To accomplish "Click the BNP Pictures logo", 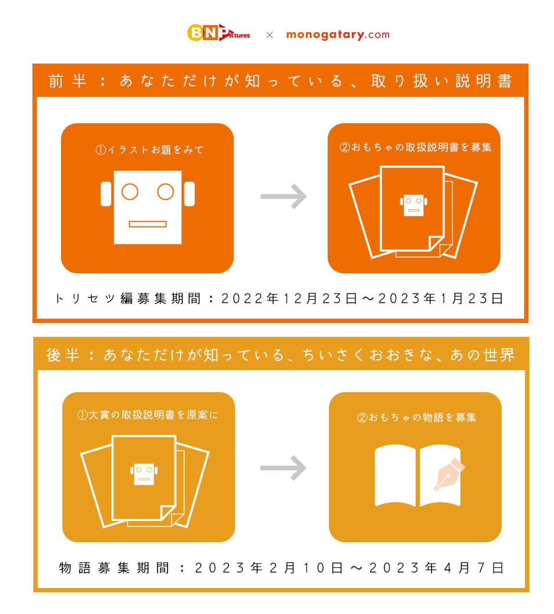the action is coord(218,33).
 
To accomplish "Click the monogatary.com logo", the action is coord(338,35).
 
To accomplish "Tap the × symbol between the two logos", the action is coord(269,35).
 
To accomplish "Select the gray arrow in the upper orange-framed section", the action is coord(284,196).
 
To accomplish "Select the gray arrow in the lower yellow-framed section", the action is coord(283,468).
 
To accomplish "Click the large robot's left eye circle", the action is coord(130,191).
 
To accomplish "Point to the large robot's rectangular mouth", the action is coord(147,224).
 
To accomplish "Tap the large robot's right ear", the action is coord(189,194).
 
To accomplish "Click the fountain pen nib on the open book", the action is coord(449,474).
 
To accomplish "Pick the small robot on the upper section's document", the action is coord(413,205).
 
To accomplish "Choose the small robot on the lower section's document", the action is coord(144,474).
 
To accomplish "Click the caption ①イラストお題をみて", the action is coord(149,150).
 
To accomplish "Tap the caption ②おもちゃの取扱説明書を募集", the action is coord(416,147).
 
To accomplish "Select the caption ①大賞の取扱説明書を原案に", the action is coord(147,415).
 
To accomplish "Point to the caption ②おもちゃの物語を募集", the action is coord(417,417).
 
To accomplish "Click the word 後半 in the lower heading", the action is coord(63,355).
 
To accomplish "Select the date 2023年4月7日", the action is coord(436,568).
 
